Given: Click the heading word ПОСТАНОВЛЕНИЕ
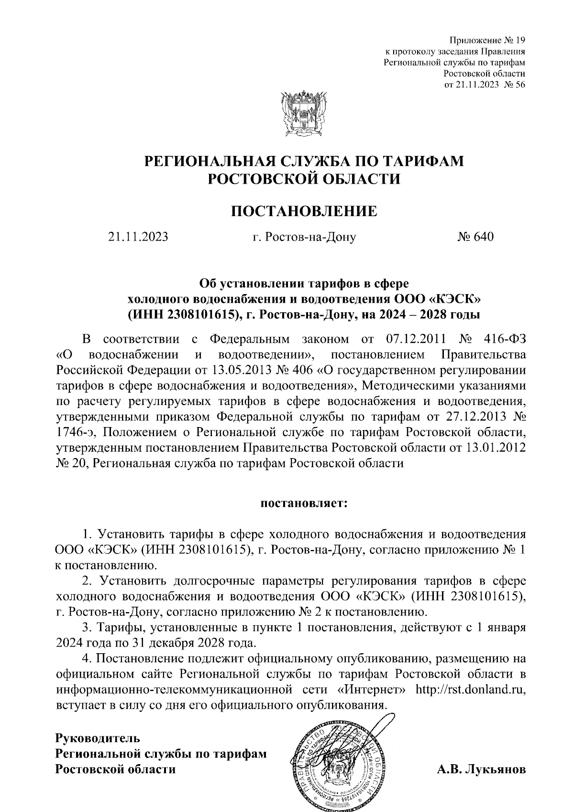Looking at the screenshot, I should coord(304,211).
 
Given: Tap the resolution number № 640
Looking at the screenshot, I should coord(475,237).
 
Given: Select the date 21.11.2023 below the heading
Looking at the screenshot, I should coord(138,237).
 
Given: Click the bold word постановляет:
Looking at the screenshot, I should coord(304,504).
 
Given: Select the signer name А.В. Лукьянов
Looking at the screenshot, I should coord(481,769).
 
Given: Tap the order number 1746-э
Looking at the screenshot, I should coord(76,432).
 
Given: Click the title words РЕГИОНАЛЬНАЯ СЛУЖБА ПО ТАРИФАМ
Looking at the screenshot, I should coord(304,161).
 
